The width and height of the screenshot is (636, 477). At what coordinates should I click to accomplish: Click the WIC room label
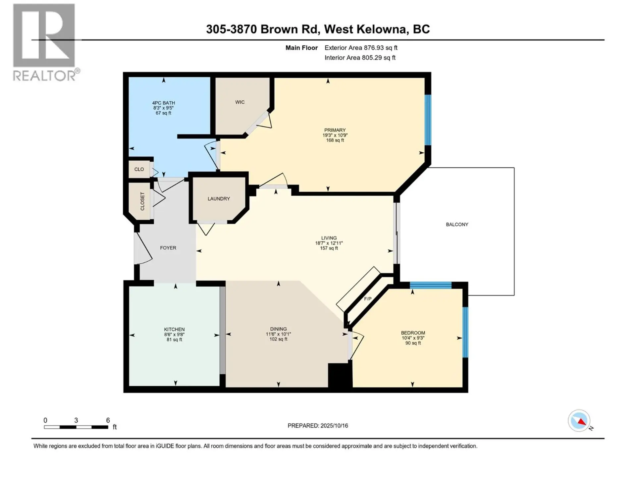(x=240, y=102)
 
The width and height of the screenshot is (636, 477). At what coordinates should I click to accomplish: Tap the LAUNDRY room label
(x=219, y=199)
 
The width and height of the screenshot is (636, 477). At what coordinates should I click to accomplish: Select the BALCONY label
(x=457, y=225)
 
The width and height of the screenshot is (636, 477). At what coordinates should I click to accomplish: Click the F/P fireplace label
(x=368, y=299)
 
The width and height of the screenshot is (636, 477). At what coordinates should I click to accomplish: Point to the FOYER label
(x=168, y=248)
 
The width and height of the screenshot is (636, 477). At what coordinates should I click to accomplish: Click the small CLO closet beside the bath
(x=139, y=169)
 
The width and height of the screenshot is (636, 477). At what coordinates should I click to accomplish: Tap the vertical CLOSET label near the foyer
(x=142, y=201)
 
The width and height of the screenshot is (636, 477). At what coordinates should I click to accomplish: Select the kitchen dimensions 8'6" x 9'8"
(x=174, y=335)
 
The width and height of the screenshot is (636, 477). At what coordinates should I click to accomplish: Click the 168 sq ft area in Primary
(x=335, y=140)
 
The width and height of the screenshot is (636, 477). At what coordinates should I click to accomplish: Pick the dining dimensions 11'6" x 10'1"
(x=278, y=334)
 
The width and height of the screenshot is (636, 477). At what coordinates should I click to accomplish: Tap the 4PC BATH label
(x=164, y=103)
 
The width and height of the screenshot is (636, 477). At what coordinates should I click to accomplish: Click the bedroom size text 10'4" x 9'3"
(x=413, y=338)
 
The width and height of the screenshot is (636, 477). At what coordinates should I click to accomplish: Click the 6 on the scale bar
(x=108, y=420)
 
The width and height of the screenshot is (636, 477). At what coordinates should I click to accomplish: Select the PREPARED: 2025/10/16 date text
(x=318, y=426)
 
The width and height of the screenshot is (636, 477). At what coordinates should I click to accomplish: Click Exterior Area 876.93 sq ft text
(x=361, y=48)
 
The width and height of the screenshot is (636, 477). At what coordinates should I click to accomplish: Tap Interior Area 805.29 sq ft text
(x=360, y=58)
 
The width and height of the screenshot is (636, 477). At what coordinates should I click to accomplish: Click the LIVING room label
(x=329, y=238)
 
